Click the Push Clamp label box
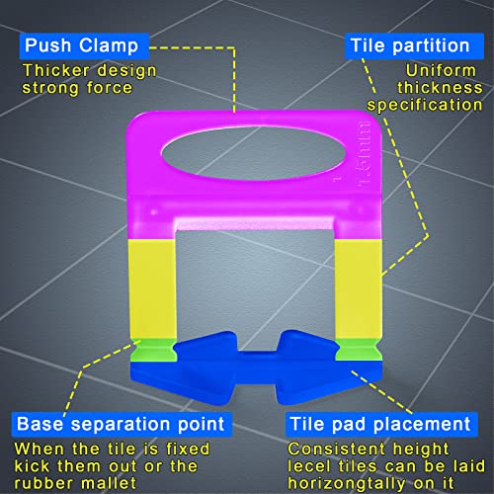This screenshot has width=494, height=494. (84, 45)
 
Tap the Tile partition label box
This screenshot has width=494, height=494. (414, 45)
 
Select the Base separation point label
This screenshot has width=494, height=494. (122, 424)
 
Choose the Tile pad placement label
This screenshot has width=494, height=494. (381, 424)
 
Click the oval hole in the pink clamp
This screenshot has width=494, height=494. (254, 153)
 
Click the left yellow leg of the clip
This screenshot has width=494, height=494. (153, 289)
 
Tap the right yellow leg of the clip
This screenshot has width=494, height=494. (359, 289)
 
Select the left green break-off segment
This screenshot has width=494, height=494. (153, 350)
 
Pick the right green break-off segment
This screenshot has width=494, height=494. (359, 350)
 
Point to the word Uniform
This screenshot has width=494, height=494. (441, 70)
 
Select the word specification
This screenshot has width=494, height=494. (425, 106)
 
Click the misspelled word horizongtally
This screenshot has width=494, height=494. (347, 483)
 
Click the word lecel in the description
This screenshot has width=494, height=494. (309, 466)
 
